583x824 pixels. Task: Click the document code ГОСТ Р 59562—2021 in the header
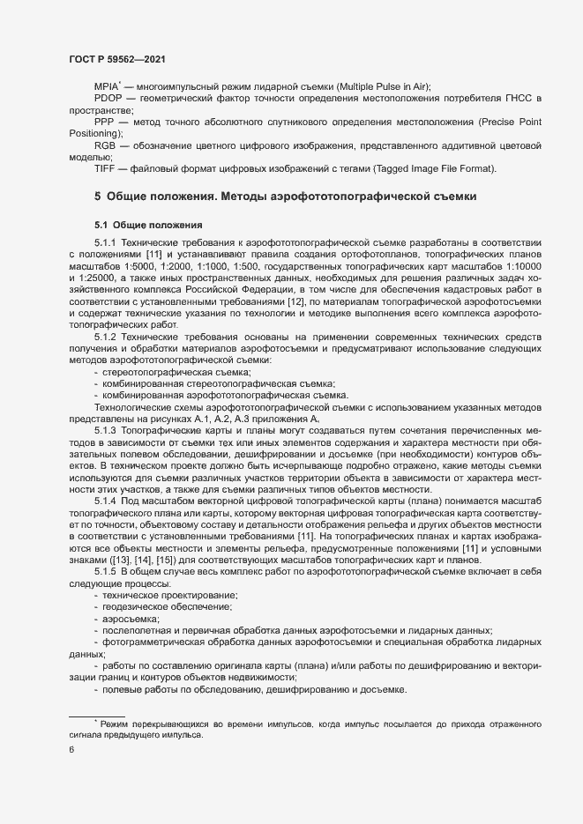(117, 58)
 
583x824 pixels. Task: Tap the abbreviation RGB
(105, 144)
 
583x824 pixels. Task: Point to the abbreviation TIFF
(105, 167)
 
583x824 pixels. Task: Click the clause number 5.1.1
(105, 241)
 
